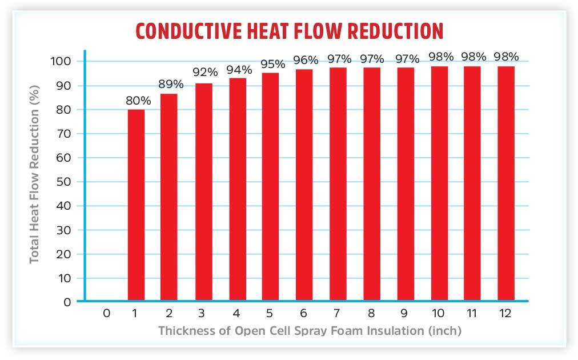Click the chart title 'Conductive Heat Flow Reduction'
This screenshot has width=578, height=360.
pyautogui.click(x=289, y=31)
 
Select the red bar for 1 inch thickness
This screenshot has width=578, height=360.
pyautogui.click(x=136, y=204)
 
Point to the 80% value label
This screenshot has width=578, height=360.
pyautogui.click(x=139, y=101)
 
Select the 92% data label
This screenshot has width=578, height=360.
pyautogui.click(x=205, y=73)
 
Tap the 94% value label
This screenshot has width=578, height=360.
pyautogui.click(x=239, y=70)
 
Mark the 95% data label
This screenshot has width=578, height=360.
pyautogui.click(x=272, y=64)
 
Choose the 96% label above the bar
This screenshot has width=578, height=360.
pyautogui.click(x=306, y=59)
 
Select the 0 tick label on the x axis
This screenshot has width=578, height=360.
pyautogui.click(x=106, y=313)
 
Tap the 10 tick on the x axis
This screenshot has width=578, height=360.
pyautogui.click(x=439, y=313)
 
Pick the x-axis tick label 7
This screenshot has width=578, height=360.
pyautogui.click(x=338, y=313)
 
